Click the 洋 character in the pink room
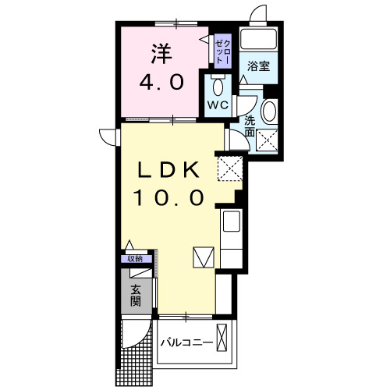[161, 53]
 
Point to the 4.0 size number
[161, 82]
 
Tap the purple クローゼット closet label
[222, 50]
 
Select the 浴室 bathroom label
[259, 66]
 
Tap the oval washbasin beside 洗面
[269, 112]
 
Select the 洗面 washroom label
[249, 126]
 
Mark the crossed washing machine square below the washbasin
[268, 140]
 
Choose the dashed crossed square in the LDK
[229, 167]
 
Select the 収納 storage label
[136, 258]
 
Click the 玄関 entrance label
[136, 295]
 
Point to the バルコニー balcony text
[187, 342]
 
